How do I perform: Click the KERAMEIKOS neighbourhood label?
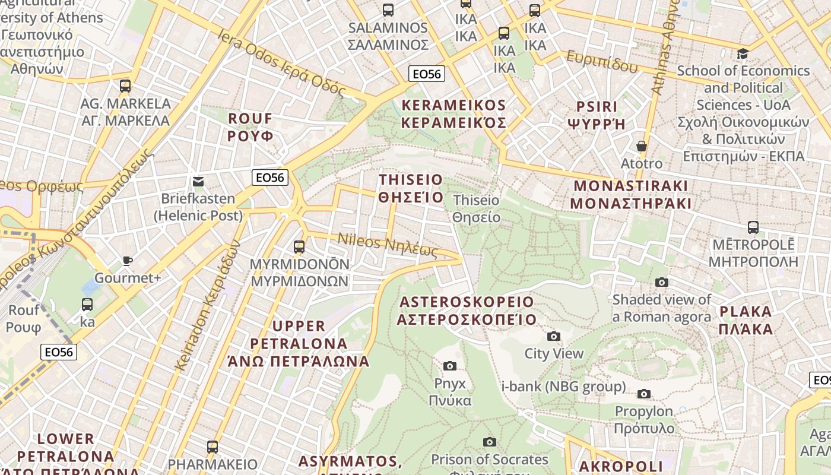[454, 114]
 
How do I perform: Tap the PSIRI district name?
[597, 115]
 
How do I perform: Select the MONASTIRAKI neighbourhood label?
[630, 195]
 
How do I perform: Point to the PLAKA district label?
[746, 320]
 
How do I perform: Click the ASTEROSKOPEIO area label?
[467, 311]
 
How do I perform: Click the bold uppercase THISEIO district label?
[411, 188]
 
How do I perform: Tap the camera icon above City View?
[554, 337]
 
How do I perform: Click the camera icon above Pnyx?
[450, 366]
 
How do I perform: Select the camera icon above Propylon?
[644, 394]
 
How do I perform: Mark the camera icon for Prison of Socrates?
[490, 442]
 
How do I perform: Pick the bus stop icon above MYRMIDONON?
[299, 246]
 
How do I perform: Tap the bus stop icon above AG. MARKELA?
[125, 85]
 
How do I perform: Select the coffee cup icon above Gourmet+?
[127, 261]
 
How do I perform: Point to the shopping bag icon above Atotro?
[641, 146]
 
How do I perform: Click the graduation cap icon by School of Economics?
[743, 54]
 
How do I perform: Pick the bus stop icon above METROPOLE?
[753, 227]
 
